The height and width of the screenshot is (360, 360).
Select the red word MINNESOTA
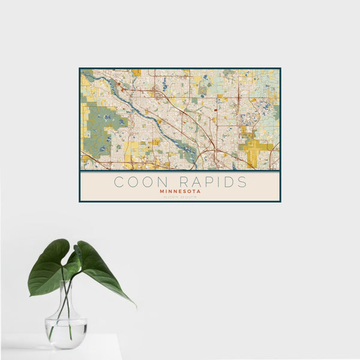[x=180, y=191]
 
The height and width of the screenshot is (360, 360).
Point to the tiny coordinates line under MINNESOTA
[x=180, y=197]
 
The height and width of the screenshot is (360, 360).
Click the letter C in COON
[x=118, y=182]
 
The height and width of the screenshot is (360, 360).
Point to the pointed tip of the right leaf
[x=134, y=306]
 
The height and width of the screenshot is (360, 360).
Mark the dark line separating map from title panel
[x=180, y=171]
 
